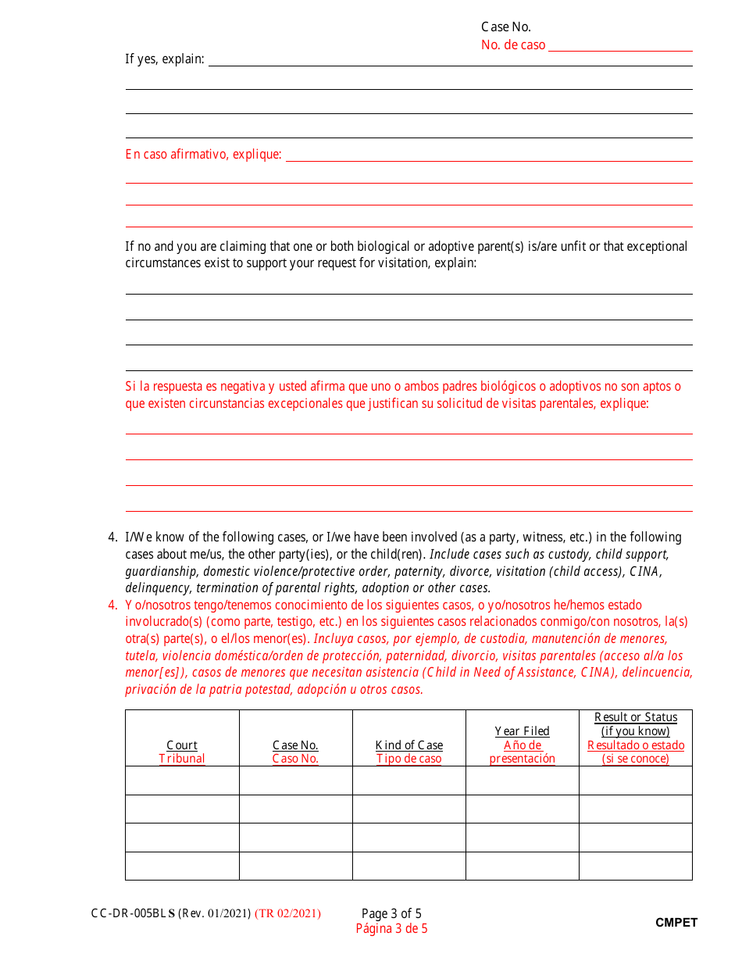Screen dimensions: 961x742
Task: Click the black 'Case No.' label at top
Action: pos(505,27)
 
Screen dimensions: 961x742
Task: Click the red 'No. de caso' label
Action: pos(513,45)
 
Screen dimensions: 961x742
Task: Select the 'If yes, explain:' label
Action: pos(165,59)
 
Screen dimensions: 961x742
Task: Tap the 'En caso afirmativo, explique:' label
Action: pos(203,155)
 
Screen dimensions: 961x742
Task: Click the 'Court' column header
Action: pos(182,745)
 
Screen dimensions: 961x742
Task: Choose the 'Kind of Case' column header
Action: pos(408,745)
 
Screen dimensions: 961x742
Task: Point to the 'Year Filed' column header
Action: pos(522,731)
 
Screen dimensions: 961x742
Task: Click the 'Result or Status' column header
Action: pos(636,717)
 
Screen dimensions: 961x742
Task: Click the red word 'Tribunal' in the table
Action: pos(182,759)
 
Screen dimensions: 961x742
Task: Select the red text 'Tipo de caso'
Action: pos(408,759)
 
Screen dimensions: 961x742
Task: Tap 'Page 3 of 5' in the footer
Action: pos(391,913)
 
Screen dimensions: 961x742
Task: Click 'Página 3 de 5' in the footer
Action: pos(391,929)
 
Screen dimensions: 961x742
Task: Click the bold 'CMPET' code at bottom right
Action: pos(676,923)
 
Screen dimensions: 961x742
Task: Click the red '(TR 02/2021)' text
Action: pos(287,913)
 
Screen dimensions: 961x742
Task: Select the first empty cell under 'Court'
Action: pos(182,781)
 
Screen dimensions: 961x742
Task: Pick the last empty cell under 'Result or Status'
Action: pos(636,866)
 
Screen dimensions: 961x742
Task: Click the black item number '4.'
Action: pos(112,538)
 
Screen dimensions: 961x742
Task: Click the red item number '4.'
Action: pos(112,606)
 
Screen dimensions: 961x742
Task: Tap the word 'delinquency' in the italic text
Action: pos(157,588)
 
